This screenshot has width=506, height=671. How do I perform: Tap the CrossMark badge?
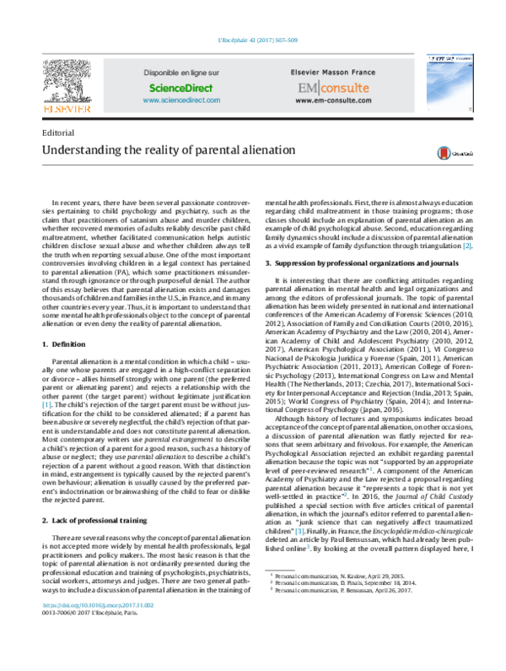(449, 153)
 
